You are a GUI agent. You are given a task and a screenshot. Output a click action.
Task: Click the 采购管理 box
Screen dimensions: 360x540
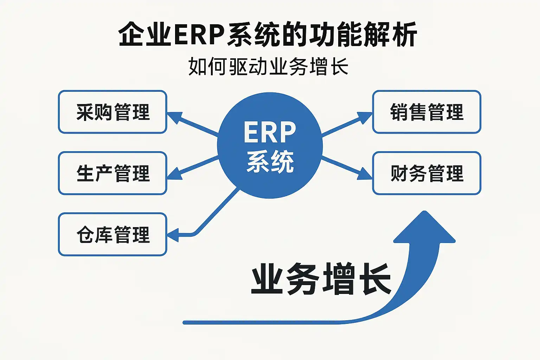pyautogui.click(x=112, y=112)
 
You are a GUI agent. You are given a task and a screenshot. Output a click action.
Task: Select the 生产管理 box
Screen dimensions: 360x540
pyautogui.click(x=112, y=173)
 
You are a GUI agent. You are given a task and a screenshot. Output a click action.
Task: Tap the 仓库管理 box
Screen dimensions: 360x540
pyautogui.click(x=112, y=234)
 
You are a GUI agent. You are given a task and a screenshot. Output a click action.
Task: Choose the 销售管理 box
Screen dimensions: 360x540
pyautogui.click(x=426, y=112)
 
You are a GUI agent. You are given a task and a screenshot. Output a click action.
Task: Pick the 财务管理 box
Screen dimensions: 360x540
pyautogui.click(x=426, y=173)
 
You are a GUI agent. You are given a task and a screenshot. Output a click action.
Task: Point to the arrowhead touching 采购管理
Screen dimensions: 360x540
pyautogui.click(x=174, y=117)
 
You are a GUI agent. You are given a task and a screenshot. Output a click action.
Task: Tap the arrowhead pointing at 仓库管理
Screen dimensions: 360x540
pyautogui.click(x=174, y=235)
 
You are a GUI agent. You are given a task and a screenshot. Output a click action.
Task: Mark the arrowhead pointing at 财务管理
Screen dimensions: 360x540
pyautogui.click(x=365, y=173)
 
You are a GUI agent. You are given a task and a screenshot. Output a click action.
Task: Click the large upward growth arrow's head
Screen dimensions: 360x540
pyautogui.click(x=425, y=229)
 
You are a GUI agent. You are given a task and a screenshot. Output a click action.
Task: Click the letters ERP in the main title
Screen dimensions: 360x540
pyautogui.click(x=199, y=34)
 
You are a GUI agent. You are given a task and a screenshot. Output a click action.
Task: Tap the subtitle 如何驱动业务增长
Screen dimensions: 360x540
pyautogui.click(x=268, y=66)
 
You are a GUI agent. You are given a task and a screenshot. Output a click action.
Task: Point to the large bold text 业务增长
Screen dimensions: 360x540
pyautogui.click(x=321, y=279)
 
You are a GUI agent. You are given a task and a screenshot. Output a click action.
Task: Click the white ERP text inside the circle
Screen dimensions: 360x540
pyautogui.click(x=270, y=133)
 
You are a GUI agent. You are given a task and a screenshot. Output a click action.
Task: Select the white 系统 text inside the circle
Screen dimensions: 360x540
pyautogui.click(x=270, y=162)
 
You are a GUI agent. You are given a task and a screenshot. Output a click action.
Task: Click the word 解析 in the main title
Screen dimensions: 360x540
pyautogui.click(x=390, y=34)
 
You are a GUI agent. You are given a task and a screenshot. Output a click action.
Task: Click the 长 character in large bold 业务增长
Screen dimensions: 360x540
pyautogui.click(x=375, y=279)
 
